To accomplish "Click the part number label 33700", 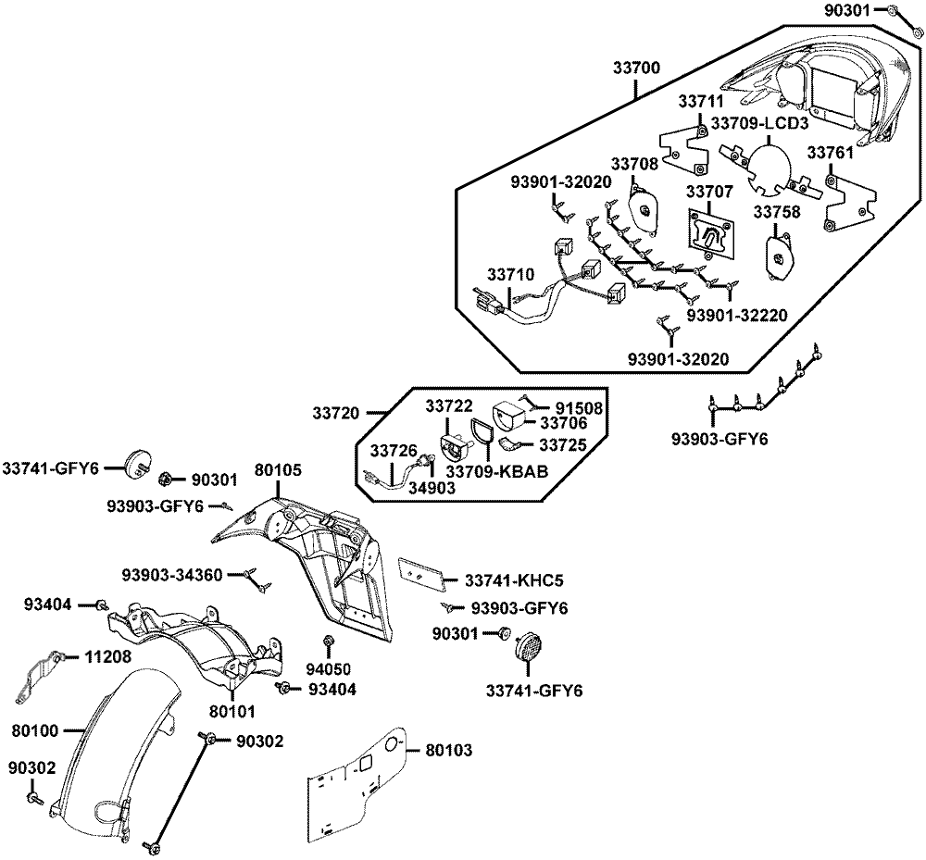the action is click(x=636, y=68).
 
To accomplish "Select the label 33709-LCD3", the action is click(x=759, y=124).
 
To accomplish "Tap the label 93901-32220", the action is click(x=737, y=316).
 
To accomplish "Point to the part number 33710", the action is click(x=510, y=274).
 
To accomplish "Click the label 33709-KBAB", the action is click(x=496, y=471).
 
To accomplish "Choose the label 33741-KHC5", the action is click(x=514, y=580).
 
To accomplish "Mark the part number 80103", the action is click(x=449, y=750).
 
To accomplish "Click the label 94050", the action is click(x=329, y=669).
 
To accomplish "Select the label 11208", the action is click(x=108, y=656).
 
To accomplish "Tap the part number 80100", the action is click(x=35, y=731).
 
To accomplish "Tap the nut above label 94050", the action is click(x=329, y=642).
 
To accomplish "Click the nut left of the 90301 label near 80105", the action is click(x=166, y=480).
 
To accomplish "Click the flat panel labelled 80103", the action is click(x=357, y=782).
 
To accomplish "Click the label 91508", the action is click(x=579, y=408).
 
